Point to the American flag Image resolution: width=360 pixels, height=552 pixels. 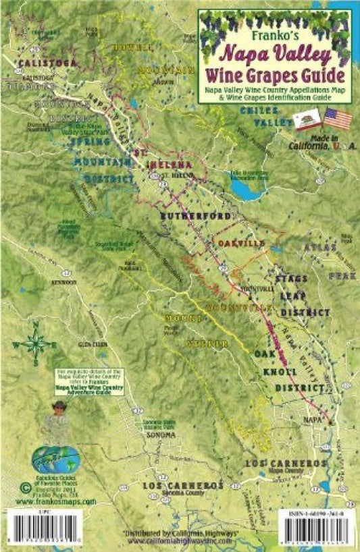click(x=338, y=119)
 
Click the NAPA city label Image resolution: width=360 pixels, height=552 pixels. click(x=311, y=420)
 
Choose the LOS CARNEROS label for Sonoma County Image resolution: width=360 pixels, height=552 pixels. click(x=182, y=486)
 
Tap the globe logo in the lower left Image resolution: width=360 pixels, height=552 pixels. click(x=56, y=459)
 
